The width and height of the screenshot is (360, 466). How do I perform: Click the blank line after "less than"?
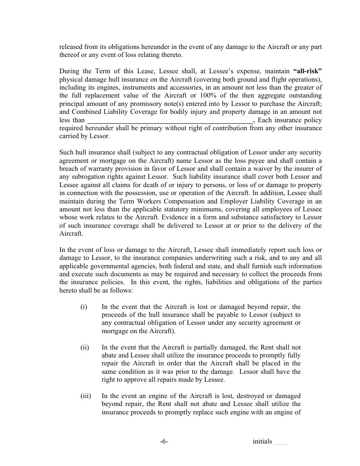[x=170, y=120]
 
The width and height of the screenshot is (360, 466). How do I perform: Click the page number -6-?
[x=164, y=441]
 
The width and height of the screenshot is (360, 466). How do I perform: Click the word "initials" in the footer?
[x=262, y=441]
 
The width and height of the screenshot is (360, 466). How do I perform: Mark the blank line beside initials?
[x=281, y=442]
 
